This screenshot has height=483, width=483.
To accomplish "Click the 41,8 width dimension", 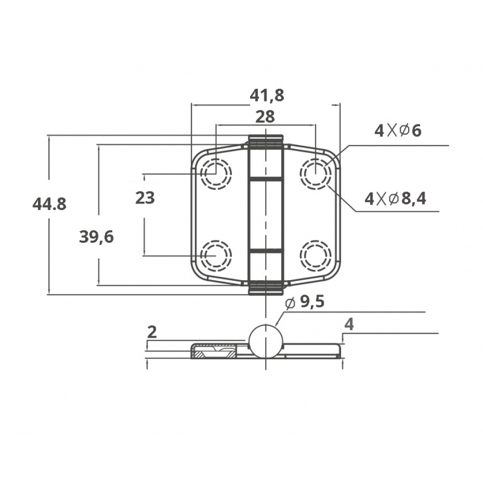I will (267, 95).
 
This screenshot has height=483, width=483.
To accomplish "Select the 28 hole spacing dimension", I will (265, 117).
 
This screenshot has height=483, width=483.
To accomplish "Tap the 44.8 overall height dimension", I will (50, 204).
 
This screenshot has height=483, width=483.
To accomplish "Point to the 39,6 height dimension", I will (97, 237).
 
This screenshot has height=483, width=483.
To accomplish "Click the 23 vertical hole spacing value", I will (145, 197).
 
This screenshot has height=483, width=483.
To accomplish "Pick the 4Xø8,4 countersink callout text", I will (395, 198).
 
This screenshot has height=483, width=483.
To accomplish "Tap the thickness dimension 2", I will (152, 331).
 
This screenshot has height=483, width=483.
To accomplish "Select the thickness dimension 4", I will (348, 324).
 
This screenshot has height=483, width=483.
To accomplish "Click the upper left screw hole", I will (216, 174).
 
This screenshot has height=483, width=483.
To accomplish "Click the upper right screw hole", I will (315, 174).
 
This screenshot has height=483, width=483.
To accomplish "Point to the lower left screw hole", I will (216, 255).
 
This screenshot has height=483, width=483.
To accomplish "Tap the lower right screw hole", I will (315, 255).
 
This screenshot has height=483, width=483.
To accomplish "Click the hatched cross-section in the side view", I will (214, 351).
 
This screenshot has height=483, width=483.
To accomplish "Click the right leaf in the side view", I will (311, 351).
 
